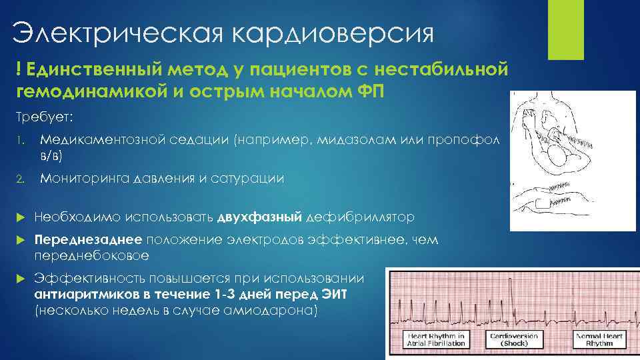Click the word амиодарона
point(280,311)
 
